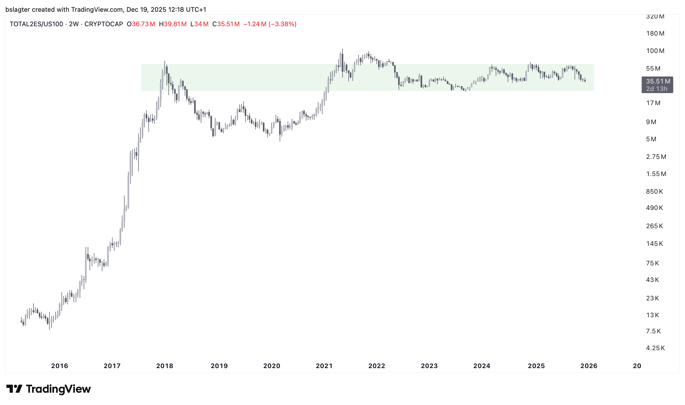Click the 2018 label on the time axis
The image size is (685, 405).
click(164, 366)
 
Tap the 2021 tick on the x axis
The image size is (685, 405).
click(324, 366)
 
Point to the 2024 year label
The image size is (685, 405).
click(482, 366)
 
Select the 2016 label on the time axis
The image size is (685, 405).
click(59, 366)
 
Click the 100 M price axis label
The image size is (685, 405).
click(655, 51)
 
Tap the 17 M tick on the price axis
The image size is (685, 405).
click(653, 103)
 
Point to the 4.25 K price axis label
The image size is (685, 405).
click(655, 348)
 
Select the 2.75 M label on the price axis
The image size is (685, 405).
click(656, 157)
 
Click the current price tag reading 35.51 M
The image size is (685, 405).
click(658, 81)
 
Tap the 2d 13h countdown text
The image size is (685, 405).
click(657, 89)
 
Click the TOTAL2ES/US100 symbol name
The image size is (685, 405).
click(36, 24)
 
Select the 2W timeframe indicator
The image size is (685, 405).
click(74, 24)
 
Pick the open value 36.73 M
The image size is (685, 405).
click(143, 24)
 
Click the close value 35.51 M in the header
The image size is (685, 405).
click(228, 24)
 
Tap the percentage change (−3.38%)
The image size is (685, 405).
click(282, 24)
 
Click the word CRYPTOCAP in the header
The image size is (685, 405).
click(104, 24)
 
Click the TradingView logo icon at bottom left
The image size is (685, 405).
click(14, 389)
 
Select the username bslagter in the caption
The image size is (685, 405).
click(17, 10)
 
